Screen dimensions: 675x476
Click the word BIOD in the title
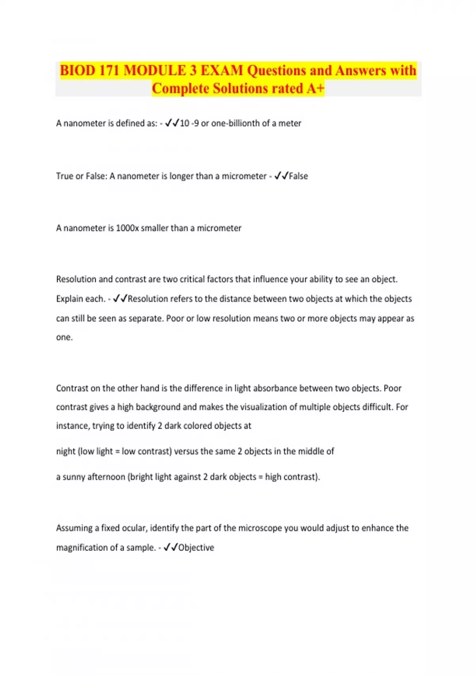tap(78, 71)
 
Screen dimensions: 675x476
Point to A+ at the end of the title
tap(315, 88)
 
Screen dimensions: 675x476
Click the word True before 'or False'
tap(65, 176)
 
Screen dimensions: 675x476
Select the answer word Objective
tap(196, 548)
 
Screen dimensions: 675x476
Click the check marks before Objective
tap(171, 548)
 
